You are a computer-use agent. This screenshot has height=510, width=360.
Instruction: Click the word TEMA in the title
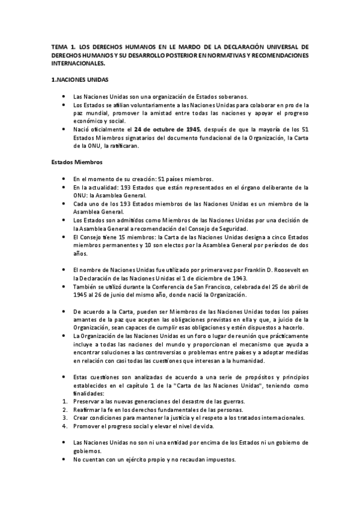click(60, 46)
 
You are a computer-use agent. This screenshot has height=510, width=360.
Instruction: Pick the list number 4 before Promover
click(64, 426)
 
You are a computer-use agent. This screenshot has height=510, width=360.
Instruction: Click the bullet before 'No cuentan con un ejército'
click(64, 459)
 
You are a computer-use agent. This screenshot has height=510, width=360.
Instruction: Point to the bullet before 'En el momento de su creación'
click(64, 179)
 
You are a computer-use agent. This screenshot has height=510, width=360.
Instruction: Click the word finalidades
click(88, 393)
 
